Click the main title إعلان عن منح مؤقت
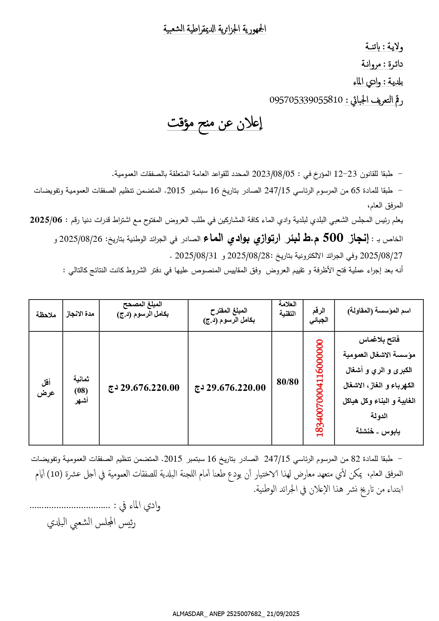point(215,123)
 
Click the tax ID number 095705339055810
point(306,100)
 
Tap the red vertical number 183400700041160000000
point(319,388)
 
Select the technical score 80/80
point(288,382)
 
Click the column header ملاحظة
point(46,315)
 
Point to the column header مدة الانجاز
point(80,314)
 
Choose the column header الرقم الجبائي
point(319,315)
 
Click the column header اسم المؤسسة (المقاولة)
point(379,311)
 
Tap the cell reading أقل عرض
point(46,388)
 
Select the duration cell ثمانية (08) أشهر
point(81,390)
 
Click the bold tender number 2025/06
point(46,220)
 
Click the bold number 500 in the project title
point(333,238)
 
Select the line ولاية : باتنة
point(384,47)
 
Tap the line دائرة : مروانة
point(382,64)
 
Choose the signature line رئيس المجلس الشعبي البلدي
point(92,523)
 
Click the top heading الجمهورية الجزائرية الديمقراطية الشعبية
point(214,29)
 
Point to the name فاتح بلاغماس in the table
point(379,340)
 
